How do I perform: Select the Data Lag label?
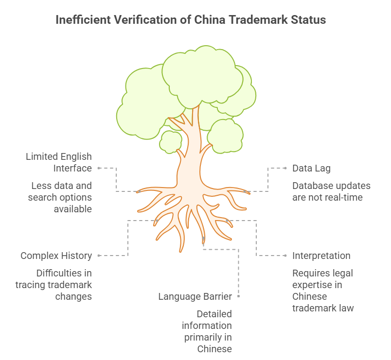(x=311, y=168)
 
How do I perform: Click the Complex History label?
(x=56, y=256)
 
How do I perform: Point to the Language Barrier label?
(x=195, y=296)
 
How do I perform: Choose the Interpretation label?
(x=321, y=256)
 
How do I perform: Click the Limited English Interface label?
(x=59, y=162)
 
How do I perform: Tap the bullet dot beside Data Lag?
(x=285, y=168)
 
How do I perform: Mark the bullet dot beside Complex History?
(x=99, y=256)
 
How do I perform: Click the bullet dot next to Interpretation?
(x=285, y=256)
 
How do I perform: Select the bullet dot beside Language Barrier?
(x=238, y=296)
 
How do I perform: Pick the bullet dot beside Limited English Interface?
(x=99, y=168)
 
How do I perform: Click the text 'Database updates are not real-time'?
(x=331, y=191)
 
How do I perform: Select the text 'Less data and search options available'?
(x=60, y=197)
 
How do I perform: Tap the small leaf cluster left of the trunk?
(x=171, y=140)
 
